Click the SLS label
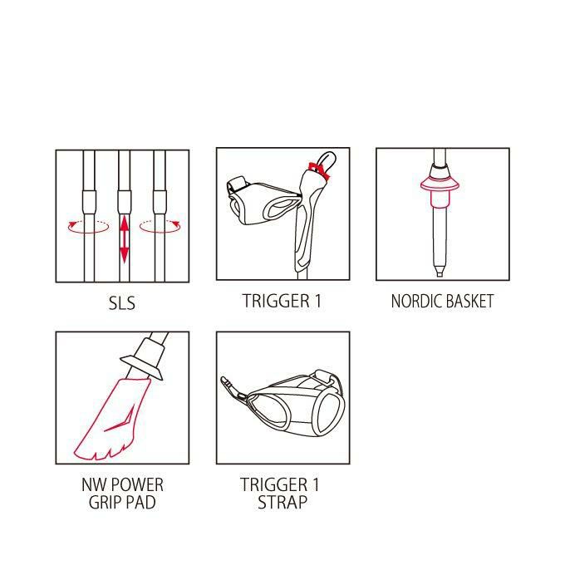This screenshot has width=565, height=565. pos(122,303)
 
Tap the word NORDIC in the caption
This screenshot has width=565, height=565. pos(415,302)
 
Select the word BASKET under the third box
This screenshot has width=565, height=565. pos(468,302)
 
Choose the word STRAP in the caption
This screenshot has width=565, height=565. pos(282,503)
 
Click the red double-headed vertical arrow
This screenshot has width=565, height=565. pos(124,238)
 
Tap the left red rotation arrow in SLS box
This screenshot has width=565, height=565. pos(88,227)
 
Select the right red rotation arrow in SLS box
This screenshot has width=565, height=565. pos(160,227)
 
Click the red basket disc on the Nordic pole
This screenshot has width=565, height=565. pos(440,184)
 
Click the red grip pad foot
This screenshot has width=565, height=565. pos(112,420)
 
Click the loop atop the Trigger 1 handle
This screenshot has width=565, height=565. pos(327,160)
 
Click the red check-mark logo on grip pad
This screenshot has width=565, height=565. pos(120,419)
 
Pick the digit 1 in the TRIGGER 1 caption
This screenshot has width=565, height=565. pos(317,302)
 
